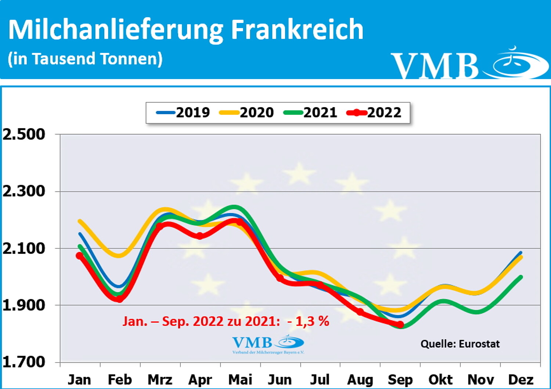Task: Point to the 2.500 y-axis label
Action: (x=24, y=134)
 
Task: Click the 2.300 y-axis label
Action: (x=24, y=191)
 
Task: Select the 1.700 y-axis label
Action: (x=24, y=362)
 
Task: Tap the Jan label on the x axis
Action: (x=79, y=379)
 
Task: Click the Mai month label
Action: (x=240, y=379)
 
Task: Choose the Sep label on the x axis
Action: (x=400, y=379)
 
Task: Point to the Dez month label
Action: (x=521, y=379)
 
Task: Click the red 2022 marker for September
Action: (x=400, y=325)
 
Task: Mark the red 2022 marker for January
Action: (x=79, y=256)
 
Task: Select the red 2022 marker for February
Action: (x=119, y=299)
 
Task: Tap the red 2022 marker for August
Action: (x=360, y=312)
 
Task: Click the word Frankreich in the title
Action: (x=297, y=29)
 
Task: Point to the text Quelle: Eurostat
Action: (x=460, y=344)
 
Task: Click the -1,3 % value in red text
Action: (x=309, y=321)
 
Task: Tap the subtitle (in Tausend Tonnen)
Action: (x=85, y=59)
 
